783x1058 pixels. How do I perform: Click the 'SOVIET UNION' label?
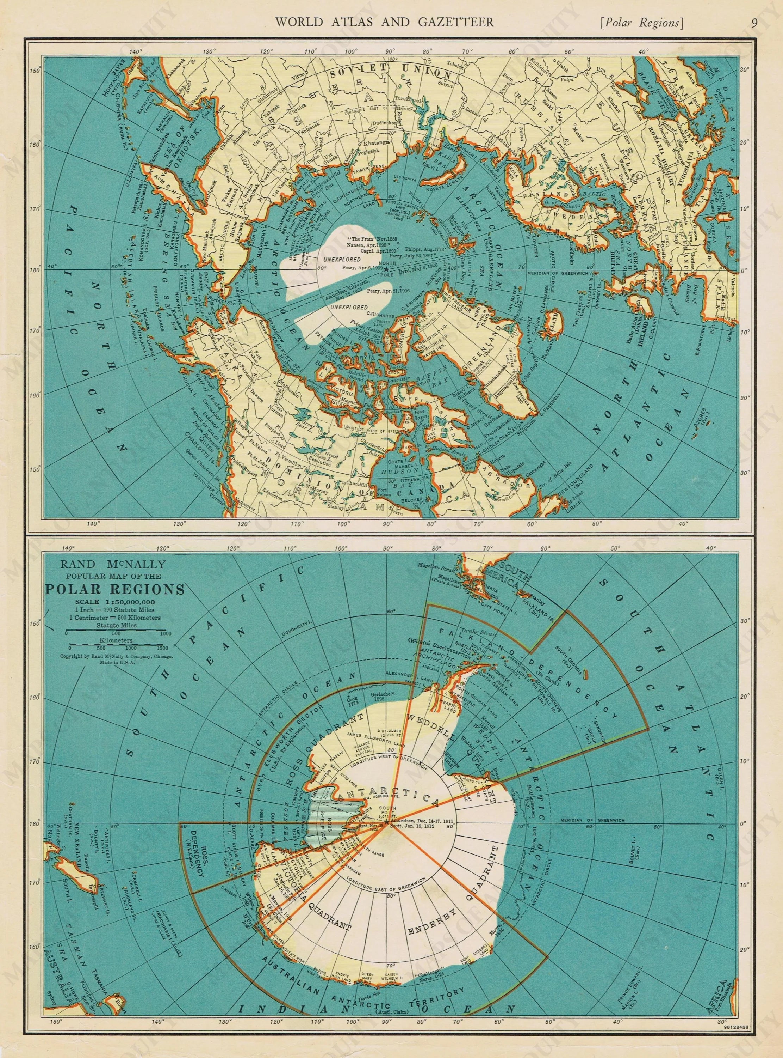point(390,74)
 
